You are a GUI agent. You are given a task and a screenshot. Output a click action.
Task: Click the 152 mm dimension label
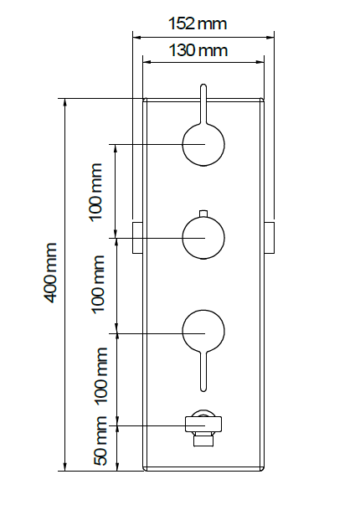click(x=198, y=24)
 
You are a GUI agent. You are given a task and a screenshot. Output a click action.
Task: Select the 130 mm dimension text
click(x=198, y=50)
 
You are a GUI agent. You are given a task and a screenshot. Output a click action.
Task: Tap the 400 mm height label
click(x=49, y=272)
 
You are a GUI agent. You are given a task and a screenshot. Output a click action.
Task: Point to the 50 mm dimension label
click(x=100, y=441)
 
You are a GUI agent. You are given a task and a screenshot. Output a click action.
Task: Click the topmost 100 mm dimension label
click(x=95, y=192)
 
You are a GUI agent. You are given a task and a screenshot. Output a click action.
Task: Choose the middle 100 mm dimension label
click(x=98, y=285)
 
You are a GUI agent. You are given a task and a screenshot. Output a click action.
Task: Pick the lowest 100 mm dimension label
click(x=100, y=375)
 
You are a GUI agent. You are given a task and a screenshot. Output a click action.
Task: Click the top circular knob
click(x=203, y=144)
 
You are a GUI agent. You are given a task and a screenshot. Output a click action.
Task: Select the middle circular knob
click(x=203, y=238)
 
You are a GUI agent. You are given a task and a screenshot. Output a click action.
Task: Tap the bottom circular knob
click(x=203, y=331)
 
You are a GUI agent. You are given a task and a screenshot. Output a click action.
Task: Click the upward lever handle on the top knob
click(x=203, y=104)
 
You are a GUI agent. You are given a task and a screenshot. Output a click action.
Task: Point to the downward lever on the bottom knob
click(x=203, y=371)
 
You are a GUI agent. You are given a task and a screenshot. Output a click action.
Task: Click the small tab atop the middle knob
click(x=203, y=214)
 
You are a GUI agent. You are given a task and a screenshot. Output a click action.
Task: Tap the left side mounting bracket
click(x=137, y=238)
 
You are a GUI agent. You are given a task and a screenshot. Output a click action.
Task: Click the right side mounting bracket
click(x=269, y=238)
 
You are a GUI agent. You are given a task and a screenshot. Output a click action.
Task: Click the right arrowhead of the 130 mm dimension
click(x=260, y=62)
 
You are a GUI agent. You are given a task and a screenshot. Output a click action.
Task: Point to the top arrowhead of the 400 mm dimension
click(x=65, y=103)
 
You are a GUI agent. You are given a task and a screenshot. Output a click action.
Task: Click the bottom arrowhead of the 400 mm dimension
click(x=65, y=467)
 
